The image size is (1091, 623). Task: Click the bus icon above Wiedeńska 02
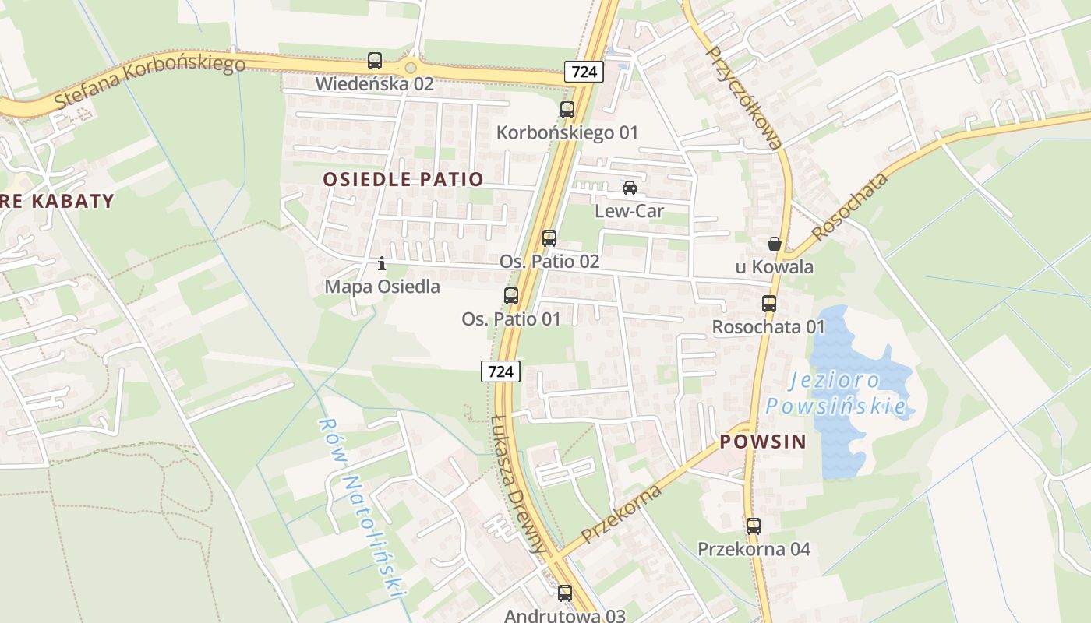point(375,60)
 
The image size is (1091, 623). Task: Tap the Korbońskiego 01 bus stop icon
point(567,110)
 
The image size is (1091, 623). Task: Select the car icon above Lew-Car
point(630,188)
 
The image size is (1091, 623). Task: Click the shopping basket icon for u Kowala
point(774,244)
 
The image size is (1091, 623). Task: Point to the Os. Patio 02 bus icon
point(549,238)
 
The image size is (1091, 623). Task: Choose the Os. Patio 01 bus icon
point(511,296)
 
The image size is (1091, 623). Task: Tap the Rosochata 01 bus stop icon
point(769,304)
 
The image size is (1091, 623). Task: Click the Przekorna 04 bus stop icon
point(754,526)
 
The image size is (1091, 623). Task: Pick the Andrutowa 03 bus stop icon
point(565,593)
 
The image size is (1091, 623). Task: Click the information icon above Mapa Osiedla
point(382,264)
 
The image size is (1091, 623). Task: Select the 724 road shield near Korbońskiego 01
point(584,72)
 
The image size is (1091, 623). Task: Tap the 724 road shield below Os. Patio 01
point(500,371)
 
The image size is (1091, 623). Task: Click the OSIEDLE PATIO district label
point(403,179)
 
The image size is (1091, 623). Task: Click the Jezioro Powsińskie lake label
point(835,393)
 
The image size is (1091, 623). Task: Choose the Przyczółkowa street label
point(743,97)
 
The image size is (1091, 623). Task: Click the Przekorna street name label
point(622,513)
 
